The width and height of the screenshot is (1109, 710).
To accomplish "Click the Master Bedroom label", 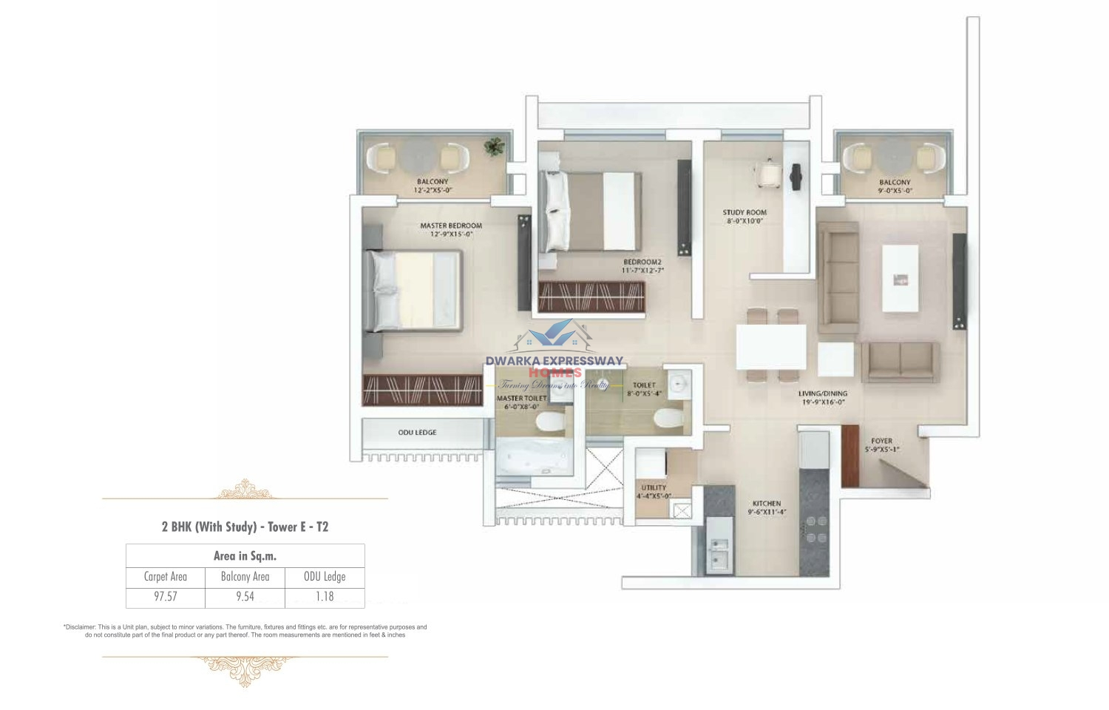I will (x=451, y=226).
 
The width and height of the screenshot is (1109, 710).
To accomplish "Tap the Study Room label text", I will (x=745, y=212).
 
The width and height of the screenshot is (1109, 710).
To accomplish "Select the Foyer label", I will (x=881, y=441).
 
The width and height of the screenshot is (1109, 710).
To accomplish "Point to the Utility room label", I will (x=654, y=487).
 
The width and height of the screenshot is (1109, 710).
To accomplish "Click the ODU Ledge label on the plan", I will (x=417, y=433).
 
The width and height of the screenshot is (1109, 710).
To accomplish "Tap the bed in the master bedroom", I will (x=414, y=291).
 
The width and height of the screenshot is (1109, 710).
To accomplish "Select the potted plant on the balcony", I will (x=493, y=146).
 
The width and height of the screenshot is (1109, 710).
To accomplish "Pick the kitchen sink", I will (x=718, y=554).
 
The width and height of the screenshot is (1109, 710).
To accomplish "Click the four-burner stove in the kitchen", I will (x=815, y=528).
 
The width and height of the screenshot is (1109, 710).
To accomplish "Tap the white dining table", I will (x=771, y=347).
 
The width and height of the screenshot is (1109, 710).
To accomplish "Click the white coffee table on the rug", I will (x=900, y=278).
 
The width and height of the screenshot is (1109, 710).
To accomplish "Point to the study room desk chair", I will (x=767, y=172).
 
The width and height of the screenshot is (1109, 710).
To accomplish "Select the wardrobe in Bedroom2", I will (x=591, y=297).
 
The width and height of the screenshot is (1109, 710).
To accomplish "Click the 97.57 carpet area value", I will (x=165, y=597).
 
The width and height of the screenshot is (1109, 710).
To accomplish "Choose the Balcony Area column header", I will (x=245, y=577).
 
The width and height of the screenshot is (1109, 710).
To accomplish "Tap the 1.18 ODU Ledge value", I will (x=325, y=597).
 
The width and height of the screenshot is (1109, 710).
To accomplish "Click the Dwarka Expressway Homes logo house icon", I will (x=554, y=337).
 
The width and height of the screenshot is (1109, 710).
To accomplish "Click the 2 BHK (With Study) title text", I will (x=245, y=527).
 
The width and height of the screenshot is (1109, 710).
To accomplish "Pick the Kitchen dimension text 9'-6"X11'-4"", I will (x=767, y=512).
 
